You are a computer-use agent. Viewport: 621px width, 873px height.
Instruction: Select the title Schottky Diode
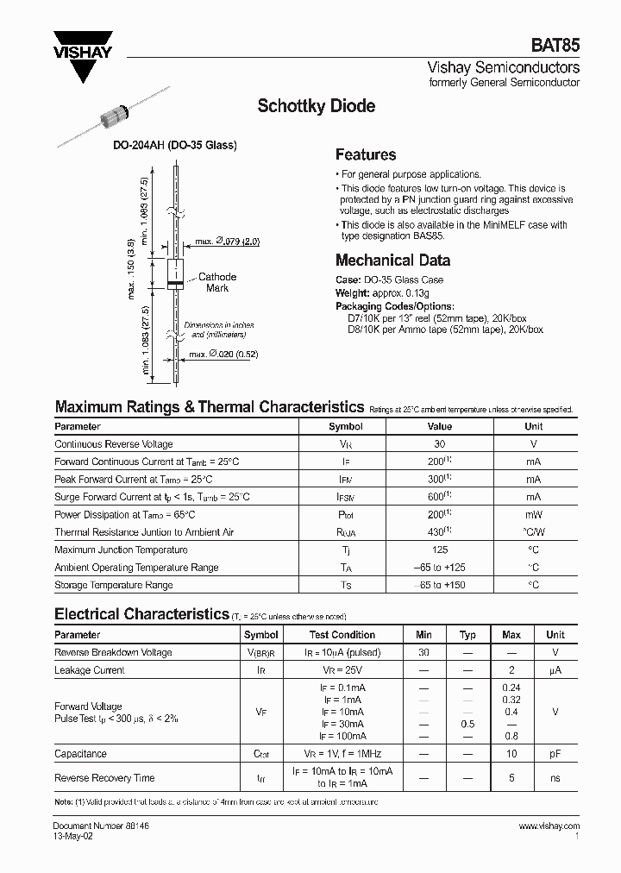coord(317,106)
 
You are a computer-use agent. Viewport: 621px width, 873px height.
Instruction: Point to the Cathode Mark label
coord(216,282)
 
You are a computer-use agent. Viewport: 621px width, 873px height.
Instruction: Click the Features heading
coord(366,155)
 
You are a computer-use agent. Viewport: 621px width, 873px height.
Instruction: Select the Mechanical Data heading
coord(392,260)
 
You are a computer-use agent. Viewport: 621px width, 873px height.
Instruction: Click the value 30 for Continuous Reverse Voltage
coord(439,444)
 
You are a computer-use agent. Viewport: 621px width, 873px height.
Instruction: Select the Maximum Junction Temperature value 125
coord(439,550)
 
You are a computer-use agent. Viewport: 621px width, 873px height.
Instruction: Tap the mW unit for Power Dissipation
coord(533,514)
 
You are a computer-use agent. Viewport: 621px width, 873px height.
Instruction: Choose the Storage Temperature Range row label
coord(114,585)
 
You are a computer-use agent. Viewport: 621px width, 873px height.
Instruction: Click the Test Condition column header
coord(342,635)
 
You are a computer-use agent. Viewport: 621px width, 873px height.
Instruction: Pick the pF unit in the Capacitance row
coord(555,753)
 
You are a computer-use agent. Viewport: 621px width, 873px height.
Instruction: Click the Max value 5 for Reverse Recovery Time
coord(511,778)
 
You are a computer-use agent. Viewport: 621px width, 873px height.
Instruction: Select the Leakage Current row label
coord(90,669)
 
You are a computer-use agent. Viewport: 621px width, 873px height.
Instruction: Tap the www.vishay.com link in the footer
coord(549,826)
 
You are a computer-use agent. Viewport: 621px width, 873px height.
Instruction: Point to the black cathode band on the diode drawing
coord(174,285)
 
